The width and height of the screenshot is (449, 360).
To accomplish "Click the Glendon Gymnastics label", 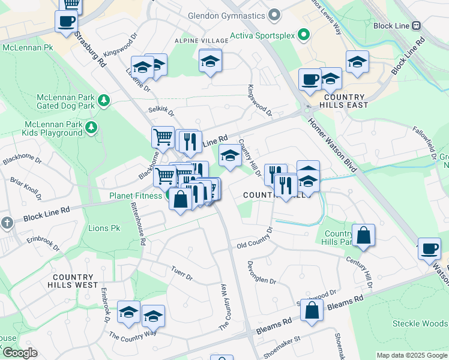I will tap(226, 15).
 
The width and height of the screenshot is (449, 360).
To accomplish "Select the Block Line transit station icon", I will tap(416, 26).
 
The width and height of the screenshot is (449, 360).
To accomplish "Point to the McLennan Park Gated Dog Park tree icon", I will tap(104, 100).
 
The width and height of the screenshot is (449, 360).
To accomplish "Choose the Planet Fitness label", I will tap(135, 196).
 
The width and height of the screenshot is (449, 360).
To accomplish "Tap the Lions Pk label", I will tap(104, 229).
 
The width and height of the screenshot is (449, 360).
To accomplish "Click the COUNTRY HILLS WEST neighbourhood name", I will tap(76, 281).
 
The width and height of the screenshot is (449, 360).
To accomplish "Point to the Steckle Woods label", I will tap(420, 323).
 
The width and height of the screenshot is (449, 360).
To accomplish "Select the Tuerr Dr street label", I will tap(181, 274).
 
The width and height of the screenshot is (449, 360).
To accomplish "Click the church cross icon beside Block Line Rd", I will tap(7, 223).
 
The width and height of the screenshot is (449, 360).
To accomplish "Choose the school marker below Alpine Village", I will tap(210, 61).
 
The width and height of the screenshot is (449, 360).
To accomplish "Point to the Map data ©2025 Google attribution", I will tap(411, 355).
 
